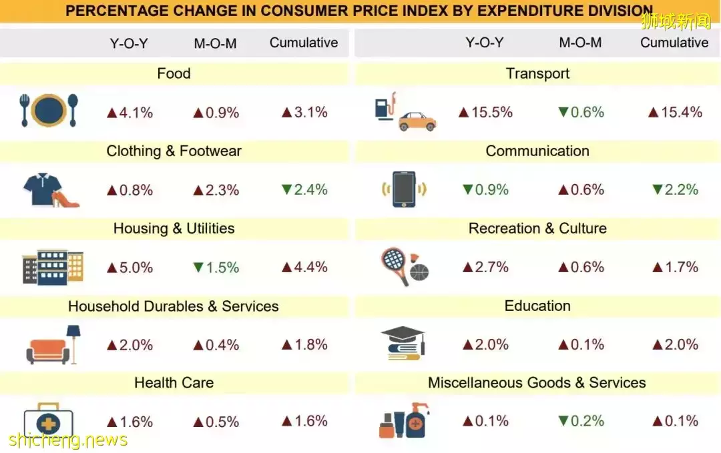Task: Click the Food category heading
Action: click(x=174, y=73)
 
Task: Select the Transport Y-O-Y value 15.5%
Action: click(x=485, y=112)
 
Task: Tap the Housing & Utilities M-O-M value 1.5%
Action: click(x=216, y=268)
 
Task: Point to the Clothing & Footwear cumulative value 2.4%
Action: click(x=304, y=189)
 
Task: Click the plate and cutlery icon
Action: click(x=49, y=111)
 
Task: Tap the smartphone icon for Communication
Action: click(x=404, y=189)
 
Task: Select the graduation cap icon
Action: click(x=403, y=343)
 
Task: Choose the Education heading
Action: click(x=537, y=306)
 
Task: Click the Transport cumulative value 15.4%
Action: click(x=675, y=112)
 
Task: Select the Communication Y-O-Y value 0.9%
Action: click(x=485, y=189)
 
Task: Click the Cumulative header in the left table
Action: click(x=304, y=43)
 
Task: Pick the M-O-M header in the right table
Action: click(x=580, y=43)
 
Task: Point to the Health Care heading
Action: click(x=174, y=383)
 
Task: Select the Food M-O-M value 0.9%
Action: click(x=216, y=113)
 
